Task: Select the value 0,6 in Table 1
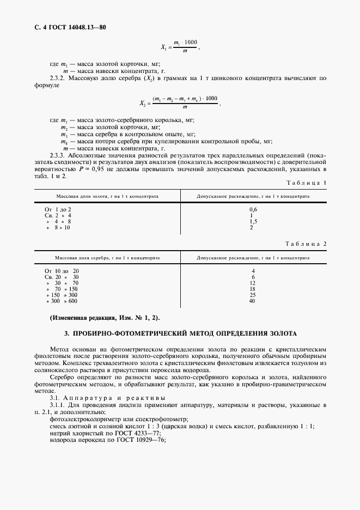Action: pos(252,209)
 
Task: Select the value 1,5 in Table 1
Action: pos(252,221)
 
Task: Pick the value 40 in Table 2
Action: pos(252,301)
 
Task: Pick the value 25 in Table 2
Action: pos(252,295)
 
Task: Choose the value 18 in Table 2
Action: pos(252,289)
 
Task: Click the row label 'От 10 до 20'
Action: pos(62,271)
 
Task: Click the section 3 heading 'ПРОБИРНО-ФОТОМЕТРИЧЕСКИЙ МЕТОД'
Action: pos(180,332)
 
